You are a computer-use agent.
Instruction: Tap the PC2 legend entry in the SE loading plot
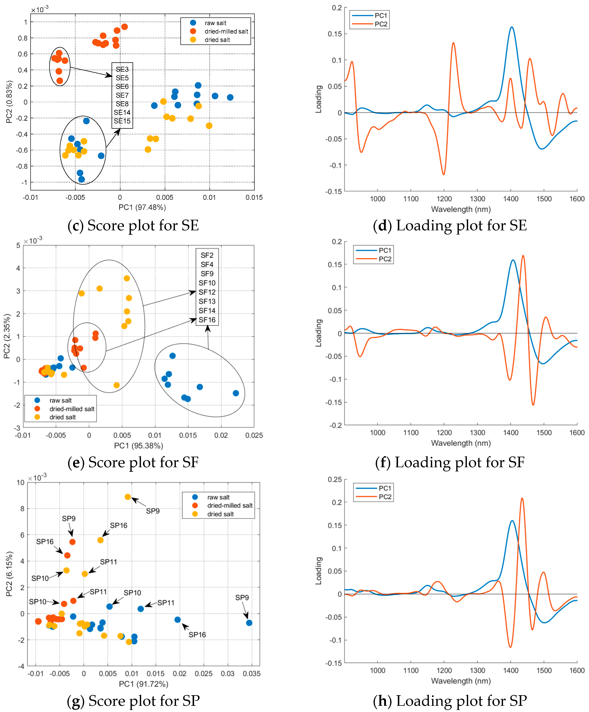point(381,24)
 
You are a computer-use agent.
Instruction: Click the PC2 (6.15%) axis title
point(9,573)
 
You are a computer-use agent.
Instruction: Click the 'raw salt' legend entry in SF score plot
point(60,400)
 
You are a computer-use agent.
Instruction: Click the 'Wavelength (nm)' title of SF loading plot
point(461,443)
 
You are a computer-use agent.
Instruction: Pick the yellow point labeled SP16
point(100,540)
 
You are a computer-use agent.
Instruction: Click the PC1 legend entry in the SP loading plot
point(385,488)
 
